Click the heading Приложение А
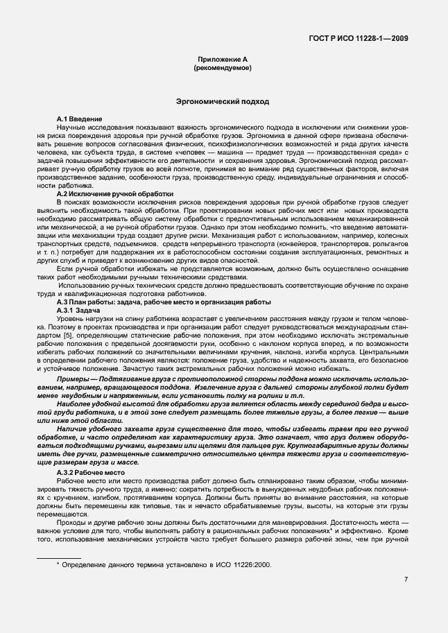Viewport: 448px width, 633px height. coord(223,61)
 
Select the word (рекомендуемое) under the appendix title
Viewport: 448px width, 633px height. coord(223,69)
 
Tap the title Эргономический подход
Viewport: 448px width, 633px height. coord(223,102)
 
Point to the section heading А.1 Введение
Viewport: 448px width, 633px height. coord(80,120)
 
